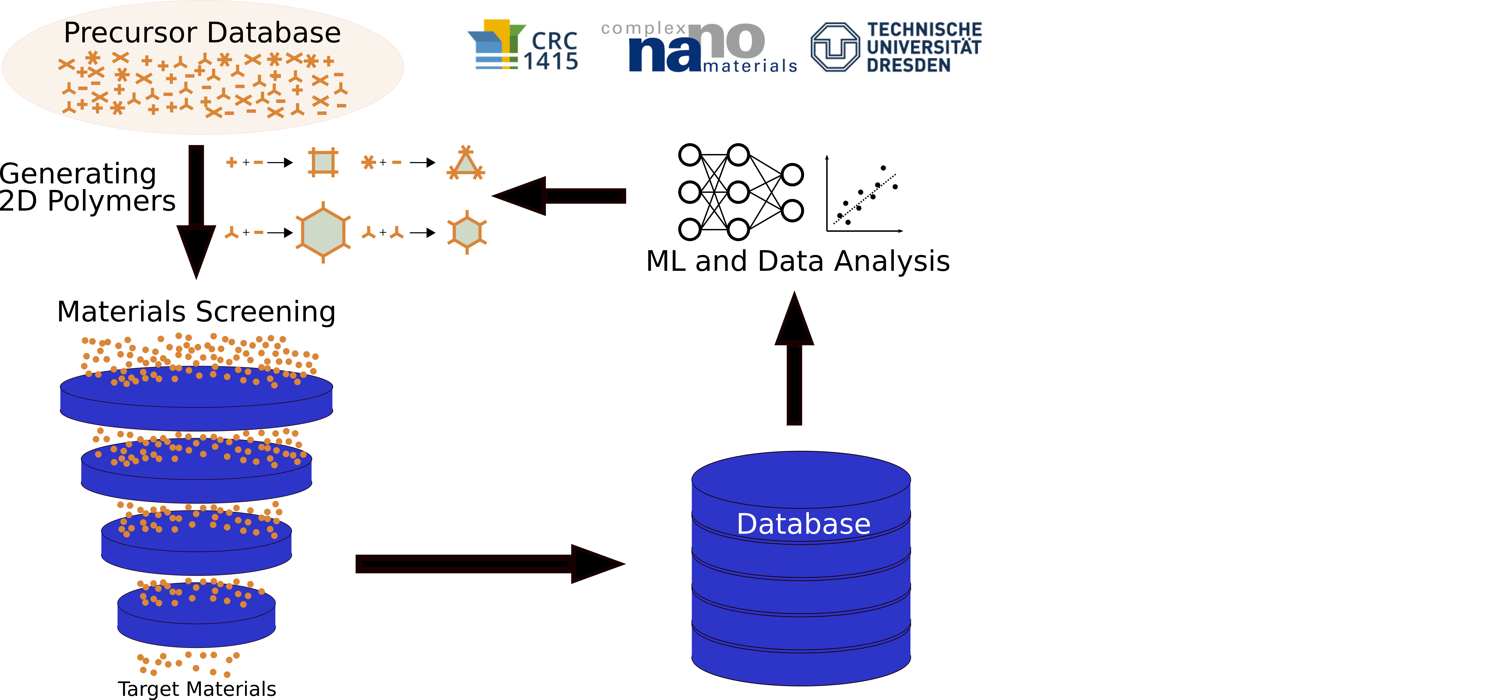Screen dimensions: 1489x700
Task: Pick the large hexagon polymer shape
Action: tap(323, 232)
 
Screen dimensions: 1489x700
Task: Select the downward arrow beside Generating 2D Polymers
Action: tap(196, 212)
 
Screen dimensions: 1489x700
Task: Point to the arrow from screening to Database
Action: tap(490, 564)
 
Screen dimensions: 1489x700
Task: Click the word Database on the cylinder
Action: tap(803, 524)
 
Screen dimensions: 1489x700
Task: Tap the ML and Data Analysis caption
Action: tap(798, 261)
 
